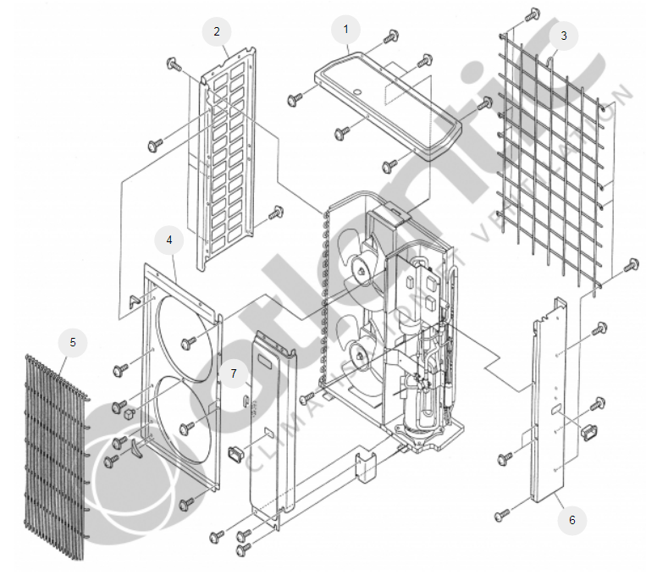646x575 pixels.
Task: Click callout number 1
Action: tap(345, 30)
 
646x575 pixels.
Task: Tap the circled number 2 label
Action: tap(217, 32)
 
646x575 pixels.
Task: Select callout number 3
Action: tap(562, 36)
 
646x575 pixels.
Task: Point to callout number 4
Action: tap(169, 241)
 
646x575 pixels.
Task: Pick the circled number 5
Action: tap(73, 342)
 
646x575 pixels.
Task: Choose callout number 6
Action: tap(571, 520)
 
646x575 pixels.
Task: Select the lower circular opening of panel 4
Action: tap(178, 419)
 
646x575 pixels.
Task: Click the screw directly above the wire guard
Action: tap(533, 14)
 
